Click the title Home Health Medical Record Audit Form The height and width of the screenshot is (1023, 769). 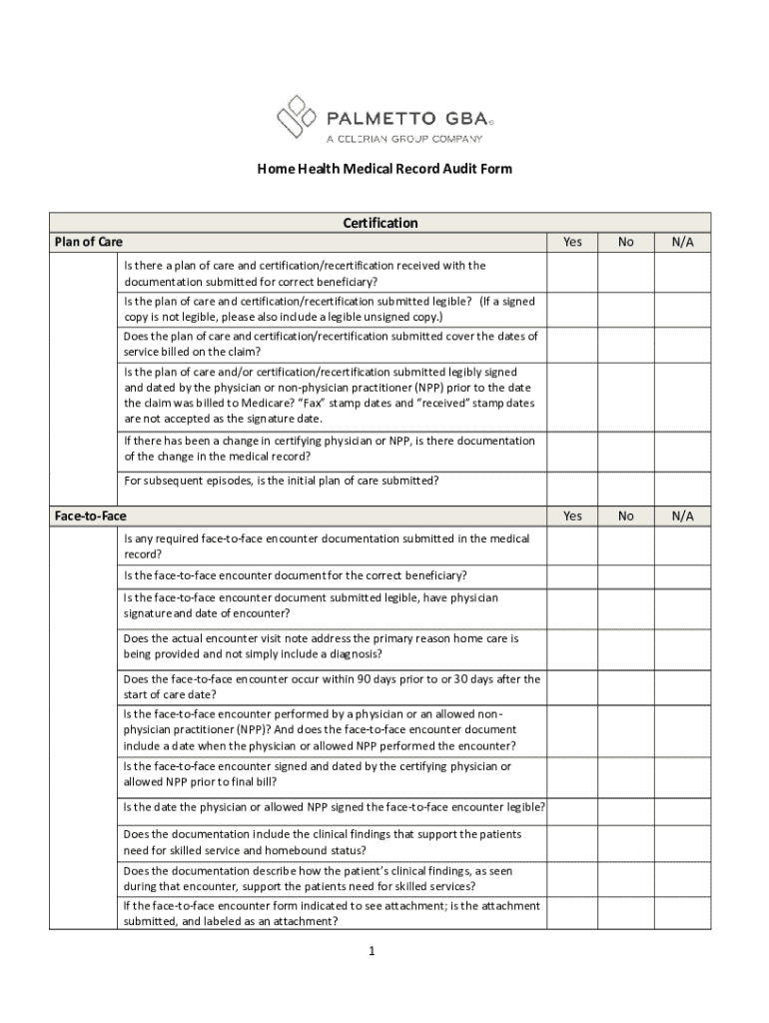[384, 169]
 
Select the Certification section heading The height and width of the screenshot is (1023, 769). [381, 223]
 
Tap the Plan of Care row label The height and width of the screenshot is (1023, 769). [88, 242]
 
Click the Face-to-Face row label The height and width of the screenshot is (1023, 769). [89, 515]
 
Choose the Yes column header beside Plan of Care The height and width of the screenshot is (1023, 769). [572, 242]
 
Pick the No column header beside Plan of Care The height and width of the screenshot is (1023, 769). [625, 242]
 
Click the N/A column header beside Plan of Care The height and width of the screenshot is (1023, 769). [682, 242]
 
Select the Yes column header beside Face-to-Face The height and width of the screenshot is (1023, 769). [572, 515]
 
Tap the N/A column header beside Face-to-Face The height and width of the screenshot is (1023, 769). [682, 515]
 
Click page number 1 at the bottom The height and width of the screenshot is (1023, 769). [370, 951]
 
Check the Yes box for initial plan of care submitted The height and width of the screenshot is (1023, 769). [572, 488]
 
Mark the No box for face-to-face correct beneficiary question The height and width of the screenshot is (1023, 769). [625, 575]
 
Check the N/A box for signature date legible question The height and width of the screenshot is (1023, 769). [682, 806]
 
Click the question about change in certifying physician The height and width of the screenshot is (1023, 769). [330, 449]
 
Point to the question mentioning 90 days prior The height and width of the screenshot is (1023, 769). [332, 686]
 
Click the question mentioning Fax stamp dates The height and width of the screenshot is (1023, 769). [330, 395]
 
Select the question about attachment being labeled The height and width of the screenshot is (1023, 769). [332, 913]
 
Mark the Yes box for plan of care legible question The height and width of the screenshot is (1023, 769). [572, 309]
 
